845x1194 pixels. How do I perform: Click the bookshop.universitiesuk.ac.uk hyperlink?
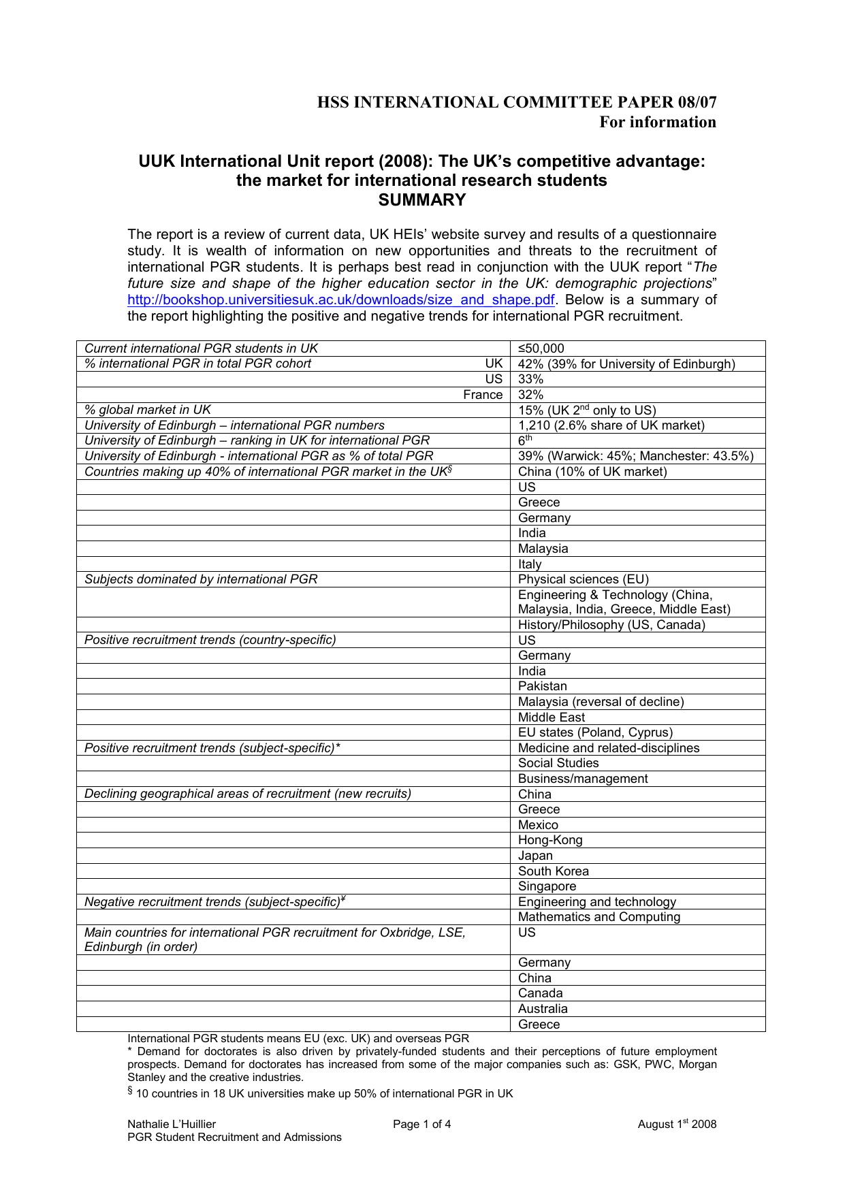[340, 300]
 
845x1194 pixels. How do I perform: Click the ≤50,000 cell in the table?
[541, 349]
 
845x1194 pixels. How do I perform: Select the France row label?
[483, 395]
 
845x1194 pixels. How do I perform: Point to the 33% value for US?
[530, 379]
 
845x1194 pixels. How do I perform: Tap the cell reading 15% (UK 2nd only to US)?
[586, 410]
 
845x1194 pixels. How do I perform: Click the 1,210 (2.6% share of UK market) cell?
[611, 425]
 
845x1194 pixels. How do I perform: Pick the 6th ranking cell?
[525, 440]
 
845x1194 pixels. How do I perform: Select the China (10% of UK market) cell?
[592, 472]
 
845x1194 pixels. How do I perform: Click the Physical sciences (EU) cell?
[583, 579]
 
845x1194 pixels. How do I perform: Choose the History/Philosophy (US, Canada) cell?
[611, 625]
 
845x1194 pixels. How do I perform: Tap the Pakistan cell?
[542, 686]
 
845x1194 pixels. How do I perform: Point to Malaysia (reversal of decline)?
[601, 702]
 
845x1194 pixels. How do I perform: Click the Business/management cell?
[583, 779]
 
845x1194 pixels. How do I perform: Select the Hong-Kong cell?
[550, 840]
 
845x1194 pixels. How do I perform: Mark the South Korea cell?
[553, 871]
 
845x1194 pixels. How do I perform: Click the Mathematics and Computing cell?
[599, 917]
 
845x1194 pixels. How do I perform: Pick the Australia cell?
[543, 1009]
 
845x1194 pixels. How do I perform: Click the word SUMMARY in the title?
[422, 200]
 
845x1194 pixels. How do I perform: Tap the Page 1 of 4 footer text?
[421, 1124]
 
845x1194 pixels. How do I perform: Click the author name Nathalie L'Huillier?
[172, 1124]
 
